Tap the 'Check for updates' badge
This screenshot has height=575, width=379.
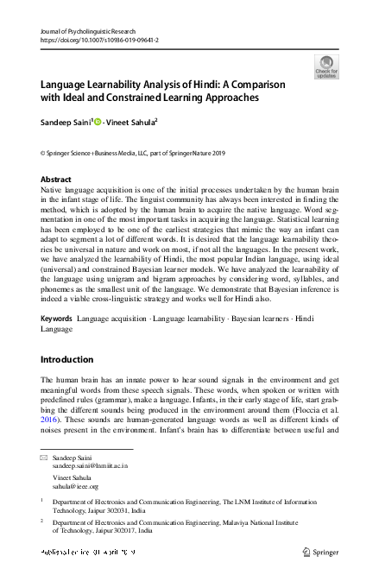tap(326, 66)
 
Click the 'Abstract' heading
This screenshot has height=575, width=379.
tap(56, 180)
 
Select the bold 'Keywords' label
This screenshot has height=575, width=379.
tap(57, 319)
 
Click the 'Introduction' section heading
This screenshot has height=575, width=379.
tap(69, 358)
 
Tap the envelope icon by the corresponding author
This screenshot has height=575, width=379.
tap(45, 457)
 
